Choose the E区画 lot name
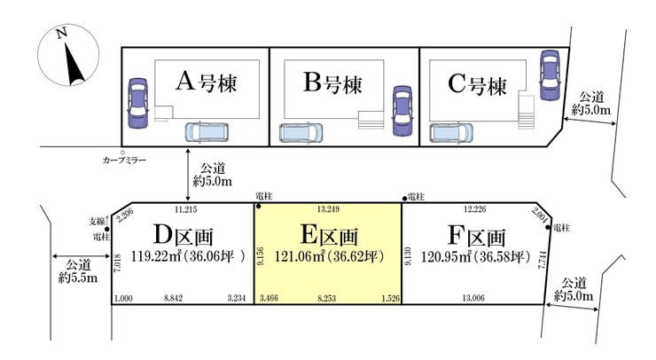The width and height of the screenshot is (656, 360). click(328, 237)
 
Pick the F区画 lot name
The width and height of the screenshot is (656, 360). click(476, 237)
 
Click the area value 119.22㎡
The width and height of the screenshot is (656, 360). click(152, 258)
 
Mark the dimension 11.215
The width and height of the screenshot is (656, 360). click(185, 210)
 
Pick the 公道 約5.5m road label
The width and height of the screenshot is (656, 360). click(78, 270)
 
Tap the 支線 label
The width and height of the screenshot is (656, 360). click(98, 220)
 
